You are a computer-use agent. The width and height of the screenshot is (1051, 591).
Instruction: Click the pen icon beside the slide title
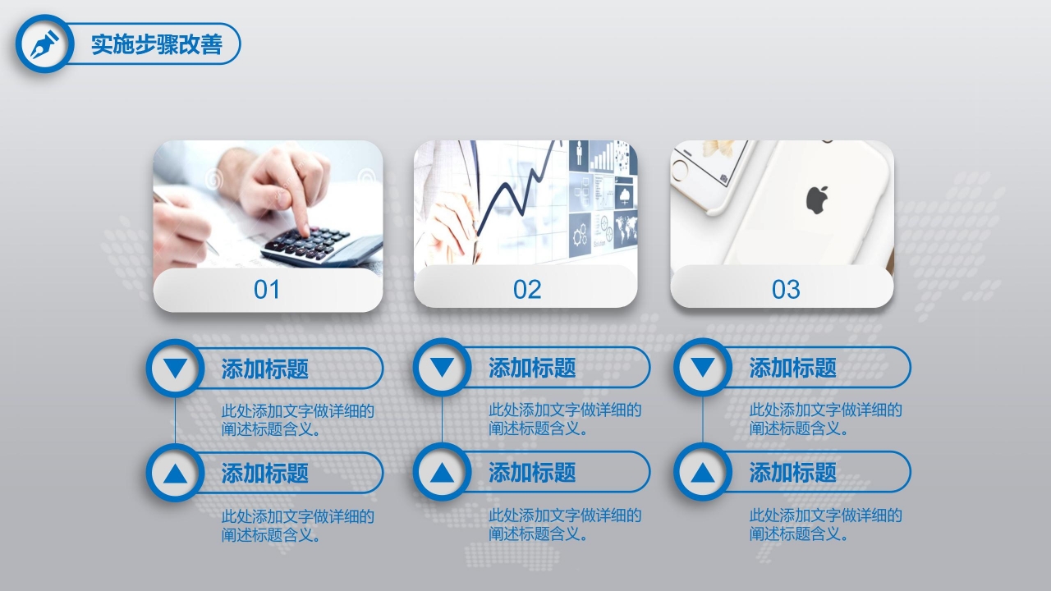coord(44,44)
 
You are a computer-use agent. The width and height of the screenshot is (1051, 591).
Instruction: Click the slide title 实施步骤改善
coord(156,44)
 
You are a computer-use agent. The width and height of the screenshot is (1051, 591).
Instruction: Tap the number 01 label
coord(267,290)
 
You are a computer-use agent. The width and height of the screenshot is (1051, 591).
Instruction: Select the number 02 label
coord(527,290)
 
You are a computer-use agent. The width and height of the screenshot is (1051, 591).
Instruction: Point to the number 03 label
coord(786,290)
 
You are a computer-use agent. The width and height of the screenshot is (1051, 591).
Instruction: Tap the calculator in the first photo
coord(320,243)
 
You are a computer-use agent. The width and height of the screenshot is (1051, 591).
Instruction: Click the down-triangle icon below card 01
coord(175,368)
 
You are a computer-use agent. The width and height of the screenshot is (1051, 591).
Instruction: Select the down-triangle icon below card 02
coord(442,367)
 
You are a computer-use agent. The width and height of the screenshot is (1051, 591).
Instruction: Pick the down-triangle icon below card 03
coord(702,367)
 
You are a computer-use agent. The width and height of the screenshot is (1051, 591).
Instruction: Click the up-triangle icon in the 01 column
coord(175,473)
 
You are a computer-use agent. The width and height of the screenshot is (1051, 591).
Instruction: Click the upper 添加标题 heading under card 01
coord(264,369)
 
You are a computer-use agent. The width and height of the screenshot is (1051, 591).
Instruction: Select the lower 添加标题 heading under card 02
coord(532,473)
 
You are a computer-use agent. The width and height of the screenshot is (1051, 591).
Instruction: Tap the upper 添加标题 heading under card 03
coord(792,368)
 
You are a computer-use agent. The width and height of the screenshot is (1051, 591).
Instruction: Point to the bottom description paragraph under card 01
coord(297,526)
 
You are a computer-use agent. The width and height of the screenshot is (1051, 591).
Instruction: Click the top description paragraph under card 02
coord(565,419)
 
